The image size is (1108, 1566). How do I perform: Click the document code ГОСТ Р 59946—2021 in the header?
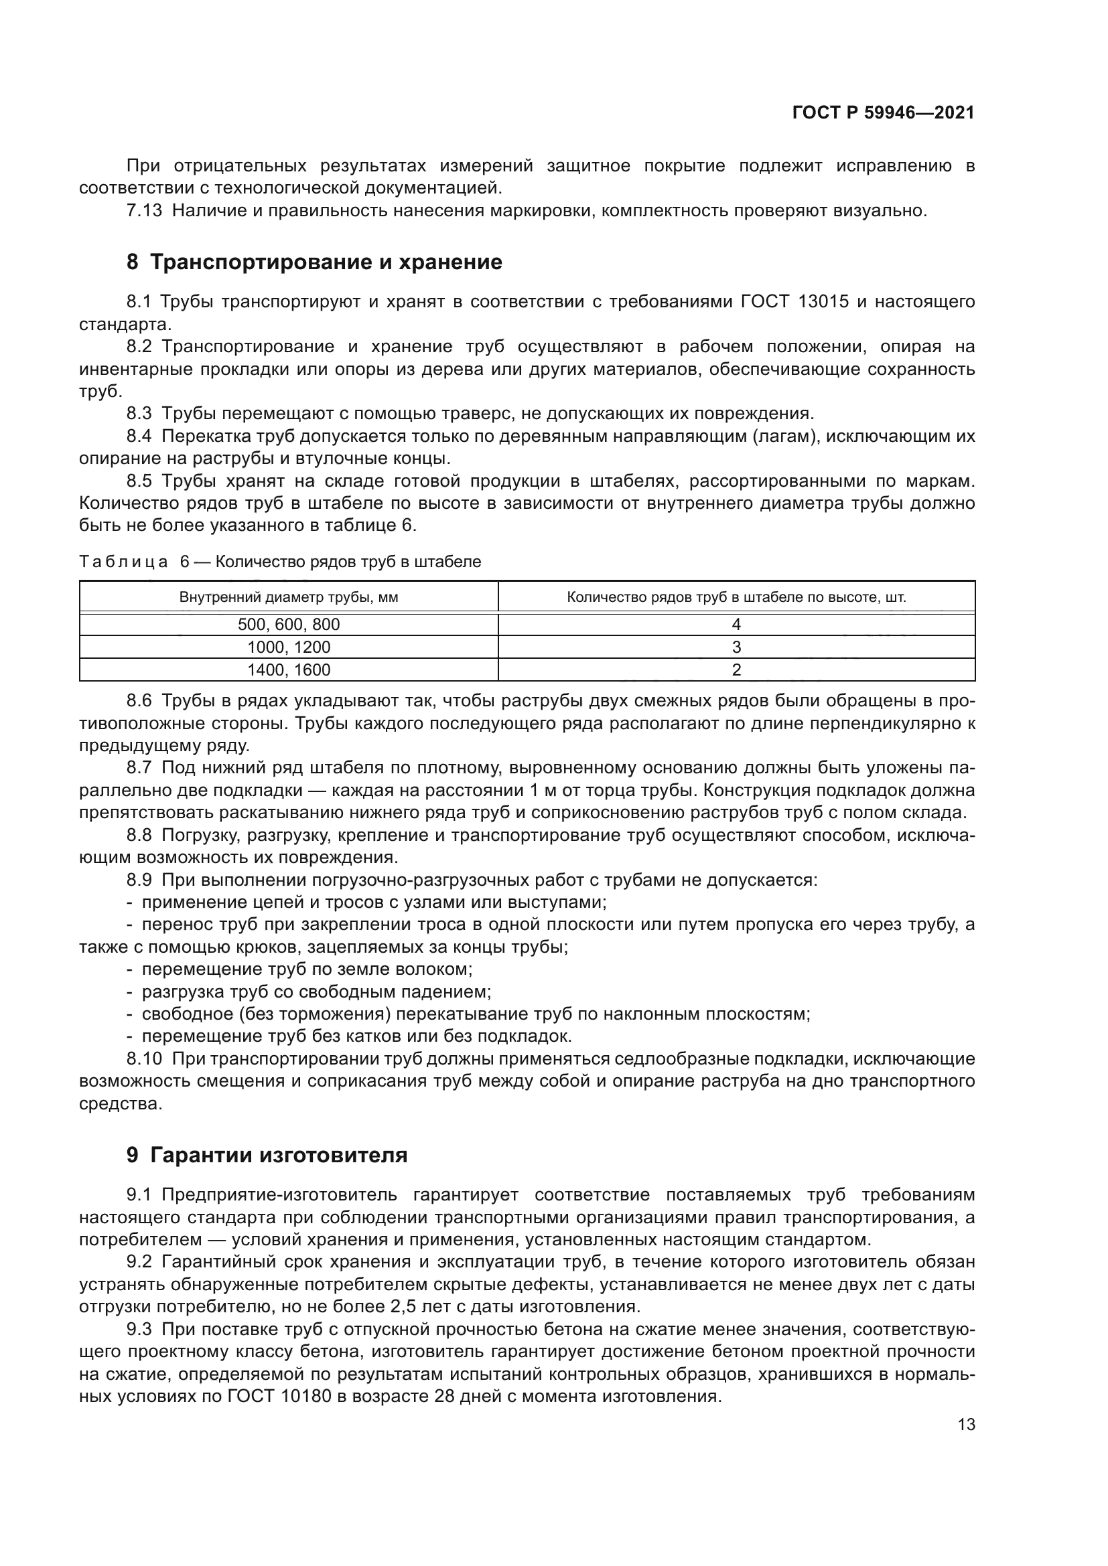click(x=883, y=113)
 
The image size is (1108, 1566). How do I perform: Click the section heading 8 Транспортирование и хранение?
click(x=315, y=262)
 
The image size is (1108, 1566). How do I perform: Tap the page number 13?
click(x=966, y=1424)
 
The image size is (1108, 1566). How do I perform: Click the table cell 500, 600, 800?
click(x=289, y=624)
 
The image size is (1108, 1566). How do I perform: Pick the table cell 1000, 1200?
click(x=289, y=647)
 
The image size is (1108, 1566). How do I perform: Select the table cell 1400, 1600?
click(x=289, y=670)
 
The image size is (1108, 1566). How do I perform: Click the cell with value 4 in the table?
click(x=736, y=624)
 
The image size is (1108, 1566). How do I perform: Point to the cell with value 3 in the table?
click(x=736, y=647)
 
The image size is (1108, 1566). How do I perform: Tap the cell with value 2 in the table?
click(x=736, y=670)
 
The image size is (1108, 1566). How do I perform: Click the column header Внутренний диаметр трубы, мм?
click(x=289, y=597)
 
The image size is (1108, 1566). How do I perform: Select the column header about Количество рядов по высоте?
click(x=736, y=597)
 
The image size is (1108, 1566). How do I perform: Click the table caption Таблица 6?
click(x=280, y=562)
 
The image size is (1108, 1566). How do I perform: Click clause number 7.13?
click(x=145, y=211)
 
